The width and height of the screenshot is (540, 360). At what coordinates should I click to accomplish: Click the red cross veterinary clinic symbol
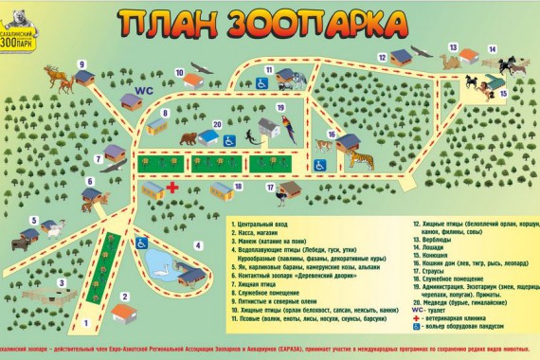coord(173,187)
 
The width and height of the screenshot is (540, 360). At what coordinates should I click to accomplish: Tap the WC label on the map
coord(144,92)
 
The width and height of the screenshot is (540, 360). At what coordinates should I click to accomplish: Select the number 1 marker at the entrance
coord(86,327)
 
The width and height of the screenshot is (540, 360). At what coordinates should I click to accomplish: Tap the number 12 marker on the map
coord(381,56)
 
